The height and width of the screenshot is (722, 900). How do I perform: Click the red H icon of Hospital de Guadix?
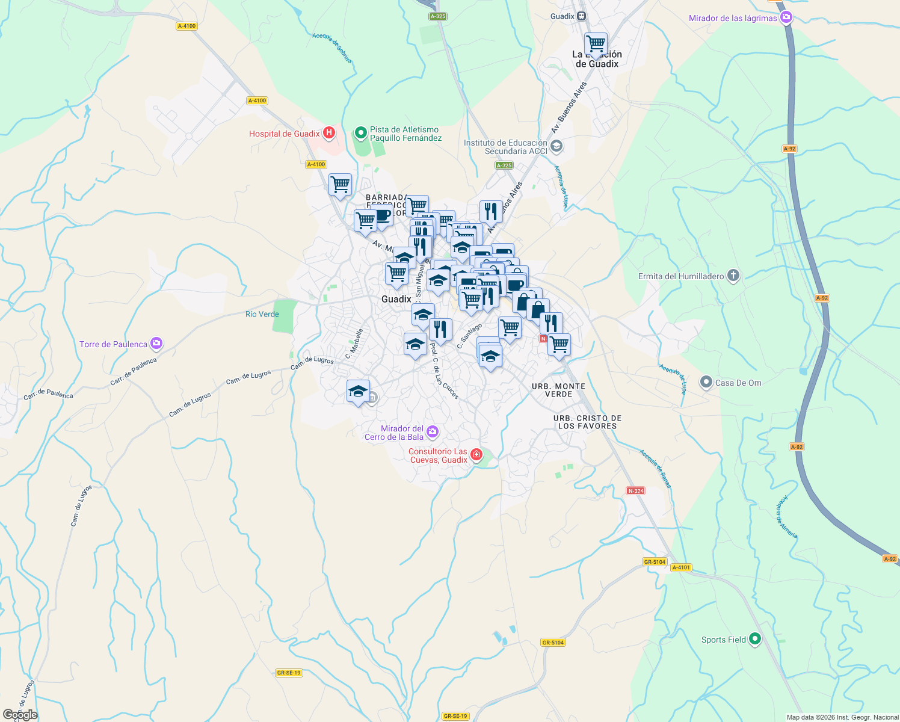328,133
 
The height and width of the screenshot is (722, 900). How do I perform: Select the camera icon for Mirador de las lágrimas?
786,18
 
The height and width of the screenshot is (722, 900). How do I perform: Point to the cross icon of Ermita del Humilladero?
733,276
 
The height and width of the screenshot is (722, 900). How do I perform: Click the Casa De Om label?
738,383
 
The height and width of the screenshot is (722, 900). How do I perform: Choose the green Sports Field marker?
755,640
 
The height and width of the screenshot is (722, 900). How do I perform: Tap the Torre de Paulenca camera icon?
156,344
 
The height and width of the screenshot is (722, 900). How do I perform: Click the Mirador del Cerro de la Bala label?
394,433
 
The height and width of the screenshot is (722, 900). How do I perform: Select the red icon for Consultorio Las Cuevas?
476,454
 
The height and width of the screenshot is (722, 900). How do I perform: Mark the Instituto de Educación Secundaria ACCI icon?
556,146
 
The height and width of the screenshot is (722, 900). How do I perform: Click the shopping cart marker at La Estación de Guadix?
596,44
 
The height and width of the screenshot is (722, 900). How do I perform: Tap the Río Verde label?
262,314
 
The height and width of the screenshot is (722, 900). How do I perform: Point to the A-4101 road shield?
681,567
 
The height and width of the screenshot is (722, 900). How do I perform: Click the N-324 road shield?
635,491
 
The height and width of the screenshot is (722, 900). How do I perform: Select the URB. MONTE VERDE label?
558,390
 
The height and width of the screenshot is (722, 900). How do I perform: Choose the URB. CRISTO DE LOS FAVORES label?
587,422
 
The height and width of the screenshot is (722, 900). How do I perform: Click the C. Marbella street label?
355,344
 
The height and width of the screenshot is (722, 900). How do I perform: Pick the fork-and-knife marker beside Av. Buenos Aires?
491,211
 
